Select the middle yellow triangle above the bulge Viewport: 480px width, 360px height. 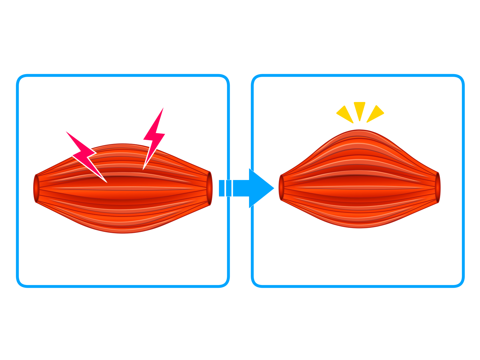pyautogui.click(x=359, y=110)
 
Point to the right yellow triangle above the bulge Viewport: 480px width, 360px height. pyautogui.click(x=375, y=114)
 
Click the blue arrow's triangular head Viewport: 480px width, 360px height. pyautogui.click(x=260, y=188)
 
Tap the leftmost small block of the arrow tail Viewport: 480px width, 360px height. pyautogui.click(x=222, y=188)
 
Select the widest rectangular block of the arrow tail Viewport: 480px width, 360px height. pyautogui.click(x=241, y=188)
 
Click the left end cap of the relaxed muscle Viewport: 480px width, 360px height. pyautogui.click(x=36, y=188)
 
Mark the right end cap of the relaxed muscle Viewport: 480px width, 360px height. pyautogui.click(x=209, y=188)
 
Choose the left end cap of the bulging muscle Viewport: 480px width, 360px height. pyautogui.click(x=281, y=188)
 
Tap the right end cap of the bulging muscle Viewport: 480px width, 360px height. pyautogui.click(x=438, y=187)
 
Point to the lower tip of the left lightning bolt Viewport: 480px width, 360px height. pyautogui.click(x=106, y=182)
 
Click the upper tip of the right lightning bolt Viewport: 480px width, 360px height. pyautogui.click(x=163, y=108)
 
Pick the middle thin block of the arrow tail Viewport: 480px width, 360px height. pyautogui.click(x=229, y=188)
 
